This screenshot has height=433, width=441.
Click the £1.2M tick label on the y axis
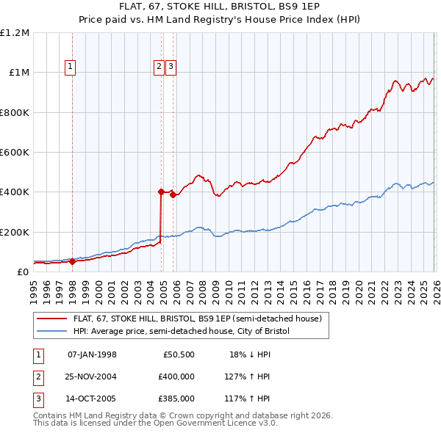pyautogui.click(x=15, y=33)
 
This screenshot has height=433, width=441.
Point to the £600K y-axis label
pyautogui.click(x=15, y=153)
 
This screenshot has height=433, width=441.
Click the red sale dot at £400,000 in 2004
pyautogui.click(x=161, y=192)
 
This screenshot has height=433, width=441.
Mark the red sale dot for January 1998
pyautogui.click(x=72, y=261)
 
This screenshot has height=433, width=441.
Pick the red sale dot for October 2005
pyautogui.click(x=173, y=195)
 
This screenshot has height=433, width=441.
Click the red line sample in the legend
pyautogui.click(x=53, y=319)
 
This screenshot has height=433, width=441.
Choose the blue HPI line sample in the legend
pyautogui.click(x=53, y=332)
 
